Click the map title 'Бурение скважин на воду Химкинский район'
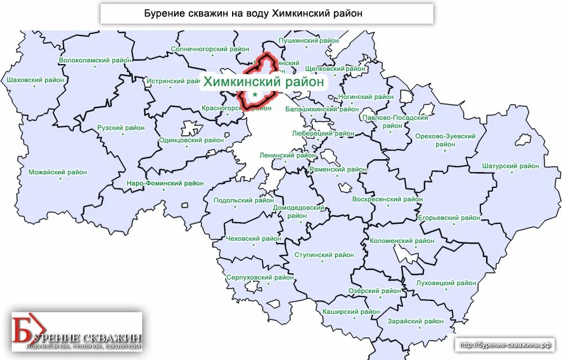click(266, 13)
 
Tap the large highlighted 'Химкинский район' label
click(264, 82)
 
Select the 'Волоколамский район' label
click(96, 60)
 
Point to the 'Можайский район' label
click(58, 173)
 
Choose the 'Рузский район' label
click(121, 128)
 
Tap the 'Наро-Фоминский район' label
click(165, 183)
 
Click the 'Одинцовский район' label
click(191, 141)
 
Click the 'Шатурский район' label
click(510, 166)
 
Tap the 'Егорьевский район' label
click(449, 218)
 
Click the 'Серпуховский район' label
click(260, 278)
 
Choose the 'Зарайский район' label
click(415, 322)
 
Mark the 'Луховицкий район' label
click(446, 283)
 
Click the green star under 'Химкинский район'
click(255, 95)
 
